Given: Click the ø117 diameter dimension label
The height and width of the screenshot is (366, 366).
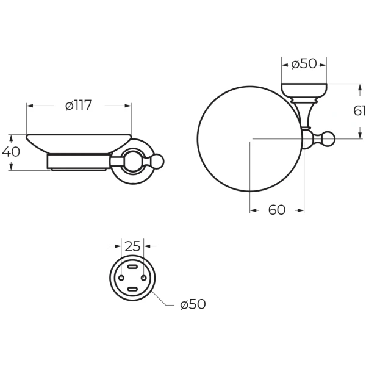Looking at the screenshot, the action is [79, 106].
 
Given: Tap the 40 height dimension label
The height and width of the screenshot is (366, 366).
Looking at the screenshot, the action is [11, 152].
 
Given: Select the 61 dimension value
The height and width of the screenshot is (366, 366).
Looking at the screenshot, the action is [359, 110].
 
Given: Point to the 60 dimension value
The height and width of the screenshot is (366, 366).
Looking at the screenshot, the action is [277, 210].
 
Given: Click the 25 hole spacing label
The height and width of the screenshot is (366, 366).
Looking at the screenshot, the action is [132, 246].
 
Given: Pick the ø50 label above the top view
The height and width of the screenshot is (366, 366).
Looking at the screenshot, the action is [304, 63].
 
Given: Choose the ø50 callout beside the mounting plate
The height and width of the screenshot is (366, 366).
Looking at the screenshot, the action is [193, 304].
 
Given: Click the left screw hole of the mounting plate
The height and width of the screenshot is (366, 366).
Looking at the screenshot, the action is [121, 278].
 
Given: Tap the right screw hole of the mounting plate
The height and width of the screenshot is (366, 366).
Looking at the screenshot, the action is [144, 278].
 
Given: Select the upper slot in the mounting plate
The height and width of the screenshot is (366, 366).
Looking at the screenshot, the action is [132, 267].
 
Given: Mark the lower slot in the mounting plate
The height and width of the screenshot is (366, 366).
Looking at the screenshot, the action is [132, 289].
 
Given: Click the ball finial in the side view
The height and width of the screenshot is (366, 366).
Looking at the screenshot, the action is [157, 162].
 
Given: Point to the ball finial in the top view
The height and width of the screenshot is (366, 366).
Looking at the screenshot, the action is [328, 139].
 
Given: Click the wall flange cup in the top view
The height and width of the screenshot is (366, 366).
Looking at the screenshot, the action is [304, 91].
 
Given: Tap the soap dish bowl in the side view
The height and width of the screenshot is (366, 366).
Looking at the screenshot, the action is [79, 144].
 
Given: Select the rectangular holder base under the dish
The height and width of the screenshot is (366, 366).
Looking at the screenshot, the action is [79, 161].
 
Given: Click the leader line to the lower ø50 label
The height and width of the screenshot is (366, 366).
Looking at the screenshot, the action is [162, 298].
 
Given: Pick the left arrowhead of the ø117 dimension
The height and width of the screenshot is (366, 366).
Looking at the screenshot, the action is [30, 106].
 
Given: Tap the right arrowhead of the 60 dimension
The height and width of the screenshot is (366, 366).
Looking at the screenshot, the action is [301, 210].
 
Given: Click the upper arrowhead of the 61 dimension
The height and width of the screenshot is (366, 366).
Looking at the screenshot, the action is [359, 88].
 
